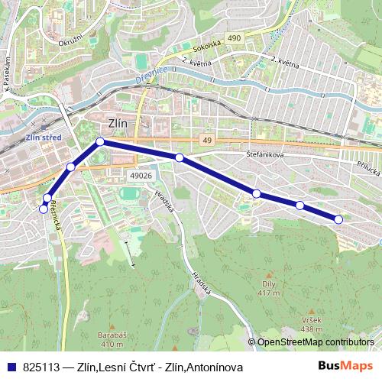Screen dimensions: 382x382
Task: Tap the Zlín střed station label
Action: point(42,138)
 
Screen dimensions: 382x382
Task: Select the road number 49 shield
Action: point(207,140)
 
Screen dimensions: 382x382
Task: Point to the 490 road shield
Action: point(233,37)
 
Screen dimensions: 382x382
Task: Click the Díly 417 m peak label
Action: point(267,289)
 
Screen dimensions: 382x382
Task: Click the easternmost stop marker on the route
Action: point(338,220)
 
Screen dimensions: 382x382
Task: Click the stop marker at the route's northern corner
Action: point(100,141)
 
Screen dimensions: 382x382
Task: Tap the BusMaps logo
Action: point(345,367)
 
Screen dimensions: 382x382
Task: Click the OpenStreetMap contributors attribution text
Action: point(316,343)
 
